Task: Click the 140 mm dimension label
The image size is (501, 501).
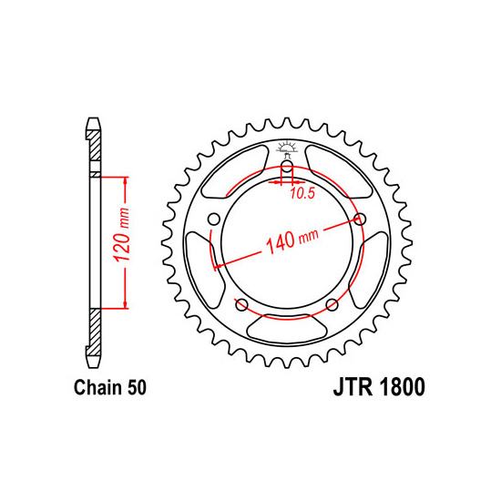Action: click(x=292, y=240)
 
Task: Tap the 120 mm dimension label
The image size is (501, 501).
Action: click(x=122, y=234)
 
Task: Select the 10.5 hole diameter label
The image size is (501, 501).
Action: click(x=302, y=193)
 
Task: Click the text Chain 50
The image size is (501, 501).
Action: click(x=110, y=387)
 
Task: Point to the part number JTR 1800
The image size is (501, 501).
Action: click(x=379, y=387)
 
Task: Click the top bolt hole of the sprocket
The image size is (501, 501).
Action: click(x=287, y=166)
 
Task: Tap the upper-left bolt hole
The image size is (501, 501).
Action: click(x=214, y=220)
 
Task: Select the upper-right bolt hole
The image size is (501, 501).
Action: click(x=360, y=220)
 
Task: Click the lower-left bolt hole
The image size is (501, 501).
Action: click(x=241, y=305)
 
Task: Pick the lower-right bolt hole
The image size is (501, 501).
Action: click(x=332, y=305)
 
